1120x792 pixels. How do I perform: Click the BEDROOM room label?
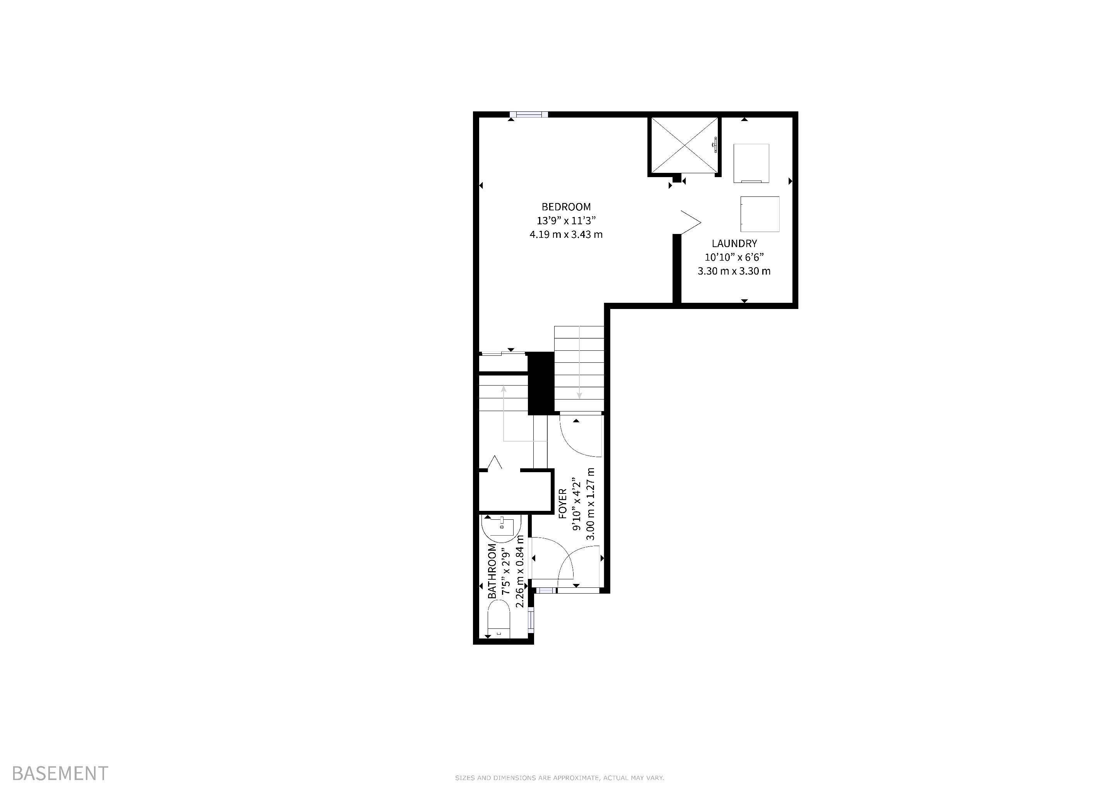click(x=566, y=207)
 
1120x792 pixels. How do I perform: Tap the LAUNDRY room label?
click(x=734, y=243)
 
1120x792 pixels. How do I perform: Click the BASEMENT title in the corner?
click(x=60, y=773)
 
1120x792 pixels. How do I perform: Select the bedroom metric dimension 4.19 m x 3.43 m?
click(x=566, y=235)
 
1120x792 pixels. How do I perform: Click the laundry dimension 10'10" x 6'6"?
click(x=734, y=257)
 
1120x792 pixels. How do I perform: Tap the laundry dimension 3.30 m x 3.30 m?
click(x=734, y=271)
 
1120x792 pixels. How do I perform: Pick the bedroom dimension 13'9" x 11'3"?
click(x=566, y=220)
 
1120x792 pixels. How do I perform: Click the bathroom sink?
click(x=502, y=527)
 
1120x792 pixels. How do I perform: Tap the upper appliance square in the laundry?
click(x=752, y=163)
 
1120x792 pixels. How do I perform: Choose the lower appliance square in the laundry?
click(x=760, y=214)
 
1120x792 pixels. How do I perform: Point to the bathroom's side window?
click(x=531, y=620)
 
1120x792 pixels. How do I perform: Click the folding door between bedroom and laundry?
click(x=690, y=222)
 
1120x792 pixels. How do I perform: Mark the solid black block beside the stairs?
click(x=541, y=383)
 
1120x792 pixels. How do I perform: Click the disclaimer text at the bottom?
click(x=560, y=778)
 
